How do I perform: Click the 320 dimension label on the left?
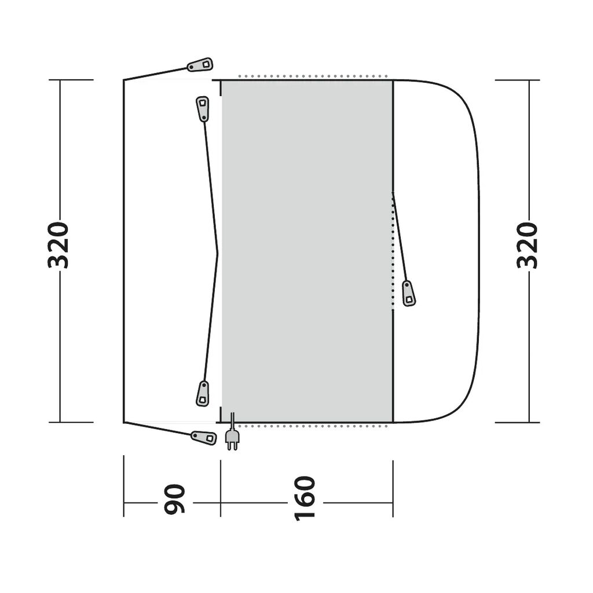point(58,245)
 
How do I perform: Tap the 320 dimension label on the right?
point(527,245)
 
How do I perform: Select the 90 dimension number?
point(174,499)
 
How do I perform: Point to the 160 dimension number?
point(305,499)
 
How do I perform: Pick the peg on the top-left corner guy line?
point(200,65)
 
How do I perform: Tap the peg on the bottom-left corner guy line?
point(204,438)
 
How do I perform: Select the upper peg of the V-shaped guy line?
point(203,109)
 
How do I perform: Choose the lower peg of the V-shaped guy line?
point(203,394)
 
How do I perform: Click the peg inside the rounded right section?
point(408,294)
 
